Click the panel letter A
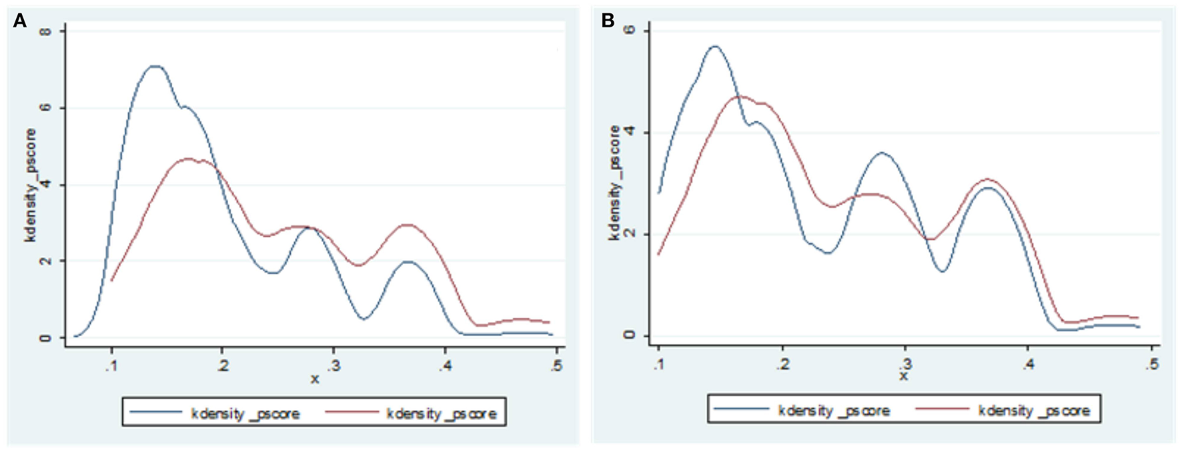pos(20,21)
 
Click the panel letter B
pos(608,21)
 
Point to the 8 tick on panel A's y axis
pos(45,31)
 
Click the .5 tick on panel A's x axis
pos(557,365)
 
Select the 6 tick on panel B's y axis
pos(628,31)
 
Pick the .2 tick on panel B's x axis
pos(782,364)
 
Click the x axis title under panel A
pos(315,379)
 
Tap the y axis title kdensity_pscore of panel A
pos(31,185)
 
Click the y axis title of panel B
pos(614,183)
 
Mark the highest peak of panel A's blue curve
pos(155,66)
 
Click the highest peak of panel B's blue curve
pos(715,46)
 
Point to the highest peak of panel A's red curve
pos(188,159)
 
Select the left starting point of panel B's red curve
pos(659,254)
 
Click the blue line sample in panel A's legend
pos(155,413)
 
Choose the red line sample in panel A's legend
pos(352,413)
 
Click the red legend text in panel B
pos(1034,411)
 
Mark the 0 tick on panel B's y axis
pos(628,335)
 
